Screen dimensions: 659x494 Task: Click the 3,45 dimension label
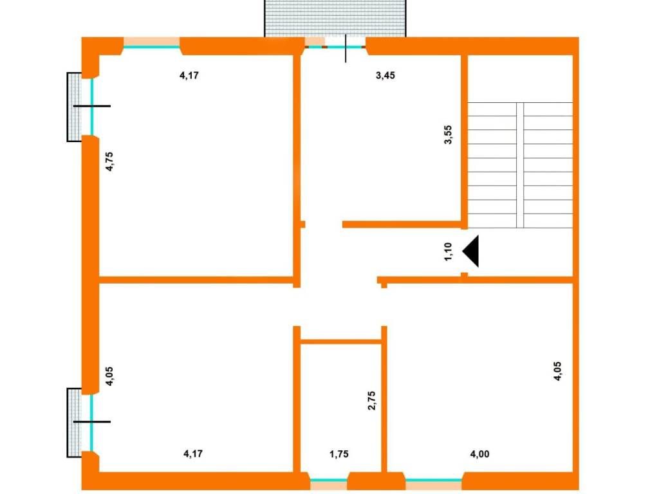(385, 76)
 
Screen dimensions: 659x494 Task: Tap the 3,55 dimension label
(449, 135)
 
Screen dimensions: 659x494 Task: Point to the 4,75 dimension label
(109, 161)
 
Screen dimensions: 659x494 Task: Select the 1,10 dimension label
(449, 252)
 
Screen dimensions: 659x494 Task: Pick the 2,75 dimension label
(372, 401)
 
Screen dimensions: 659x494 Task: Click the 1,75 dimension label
(339, 454)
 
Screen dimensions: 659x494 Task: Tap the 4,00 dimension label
(479, 454)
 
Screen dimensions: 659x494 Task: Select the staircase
(520, 165)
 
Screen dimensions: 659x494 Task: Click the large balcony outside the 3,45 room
(335, 19)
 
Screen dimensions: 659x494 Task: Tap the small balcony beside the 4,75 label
(75, 107)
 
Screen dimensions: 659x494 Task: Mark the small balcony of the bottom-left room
(75, 423)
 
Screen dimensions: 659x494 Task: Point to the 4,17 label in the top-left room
(189, 76)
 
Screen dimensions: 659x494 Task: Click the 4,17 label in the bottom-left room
(193, 453)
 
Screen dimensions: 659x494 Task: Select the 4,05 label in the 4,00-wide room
(557, 371)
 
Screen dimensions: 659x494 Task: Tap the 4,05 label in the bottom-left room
(109, 376)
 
